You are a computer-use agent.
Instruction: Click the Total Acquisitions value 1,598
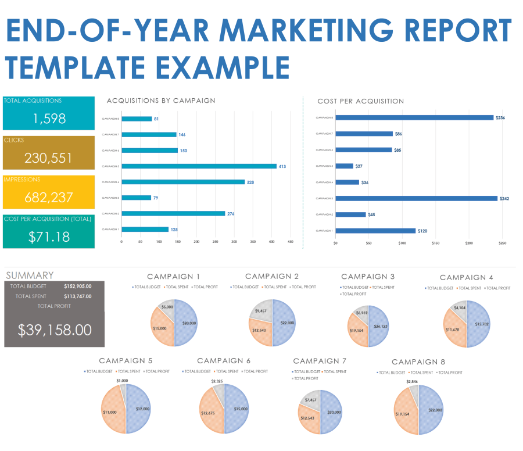(x=49, y=119)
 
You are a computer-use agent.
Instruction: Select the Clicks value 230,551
(x=49, y=158)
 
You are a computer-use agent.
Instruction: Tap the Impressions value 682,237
(x=49, y=198)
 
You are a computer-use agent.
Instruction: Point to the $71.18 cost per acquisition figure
(x=49, y=237)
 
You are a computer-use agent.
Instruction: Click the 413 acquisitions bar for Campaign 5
(x=199, y=166)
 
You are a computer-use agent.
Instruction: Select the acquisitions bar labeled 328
(x=183, y=182)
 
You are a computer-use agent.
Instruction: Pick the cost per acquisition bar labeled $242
(x=416, y=198)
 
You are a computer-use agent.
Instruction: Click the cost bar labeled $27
(x=344, y=166)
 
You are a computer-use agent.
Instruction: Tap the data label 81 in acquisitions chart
(x=157, y=119)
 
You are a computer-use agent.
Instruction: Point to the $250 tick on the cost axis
(x=502, y=243)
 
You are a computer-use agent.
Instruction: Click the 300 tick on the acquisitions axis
(x=234, y=241)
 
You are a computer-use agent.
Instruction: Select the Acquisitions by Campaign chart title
(x=161, y=101)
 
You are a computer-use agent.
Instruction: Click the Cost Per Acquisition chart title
(x=360, y=101)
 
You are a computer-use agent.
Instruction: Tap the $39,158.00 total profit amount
(x=55, y=330)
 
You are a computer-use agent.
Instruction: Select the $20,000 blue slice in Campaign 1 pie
(x=187, y=323)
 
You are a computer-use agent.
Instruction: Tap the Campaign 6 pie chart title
(x=224, y=361)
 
